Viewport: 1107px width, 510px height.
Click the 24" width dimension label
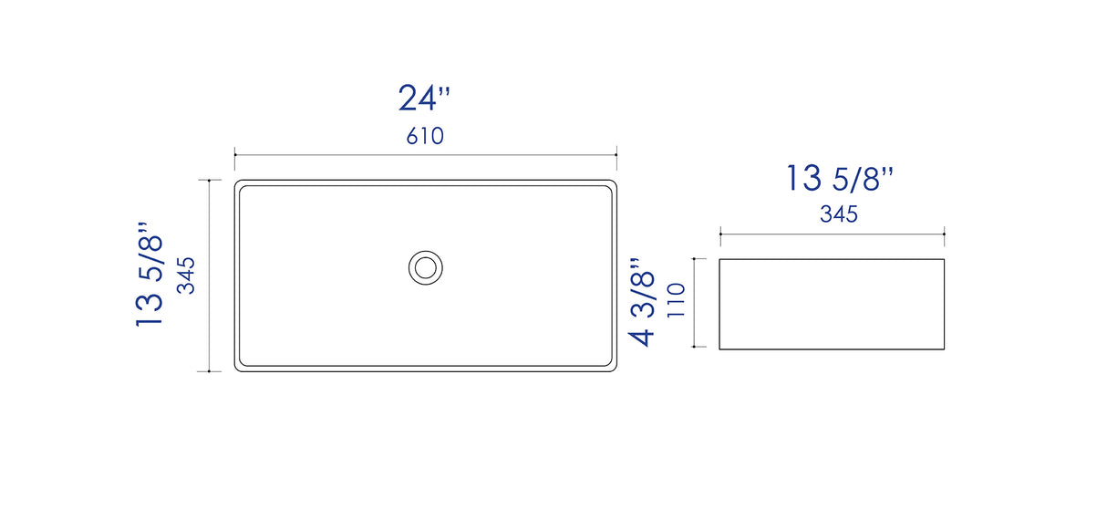424,98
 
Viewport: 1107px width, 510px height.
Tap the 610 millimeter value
425,136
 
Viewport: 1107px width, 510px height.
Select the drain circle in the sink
426,267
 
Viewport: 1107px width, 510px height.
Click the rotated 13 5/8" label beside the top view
149,274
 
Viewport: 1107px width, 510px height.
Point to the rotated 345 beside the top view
186,276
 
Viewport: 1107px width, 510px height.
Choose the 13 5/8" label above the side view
839,178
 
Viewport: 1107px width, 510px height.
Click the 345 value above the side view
839,214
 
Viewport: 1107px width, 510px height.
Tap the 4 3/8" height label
641,302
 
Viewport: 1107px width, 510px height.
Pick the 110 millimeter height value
676,300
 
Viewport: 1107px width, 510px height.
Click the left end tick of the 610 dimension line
234,155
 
